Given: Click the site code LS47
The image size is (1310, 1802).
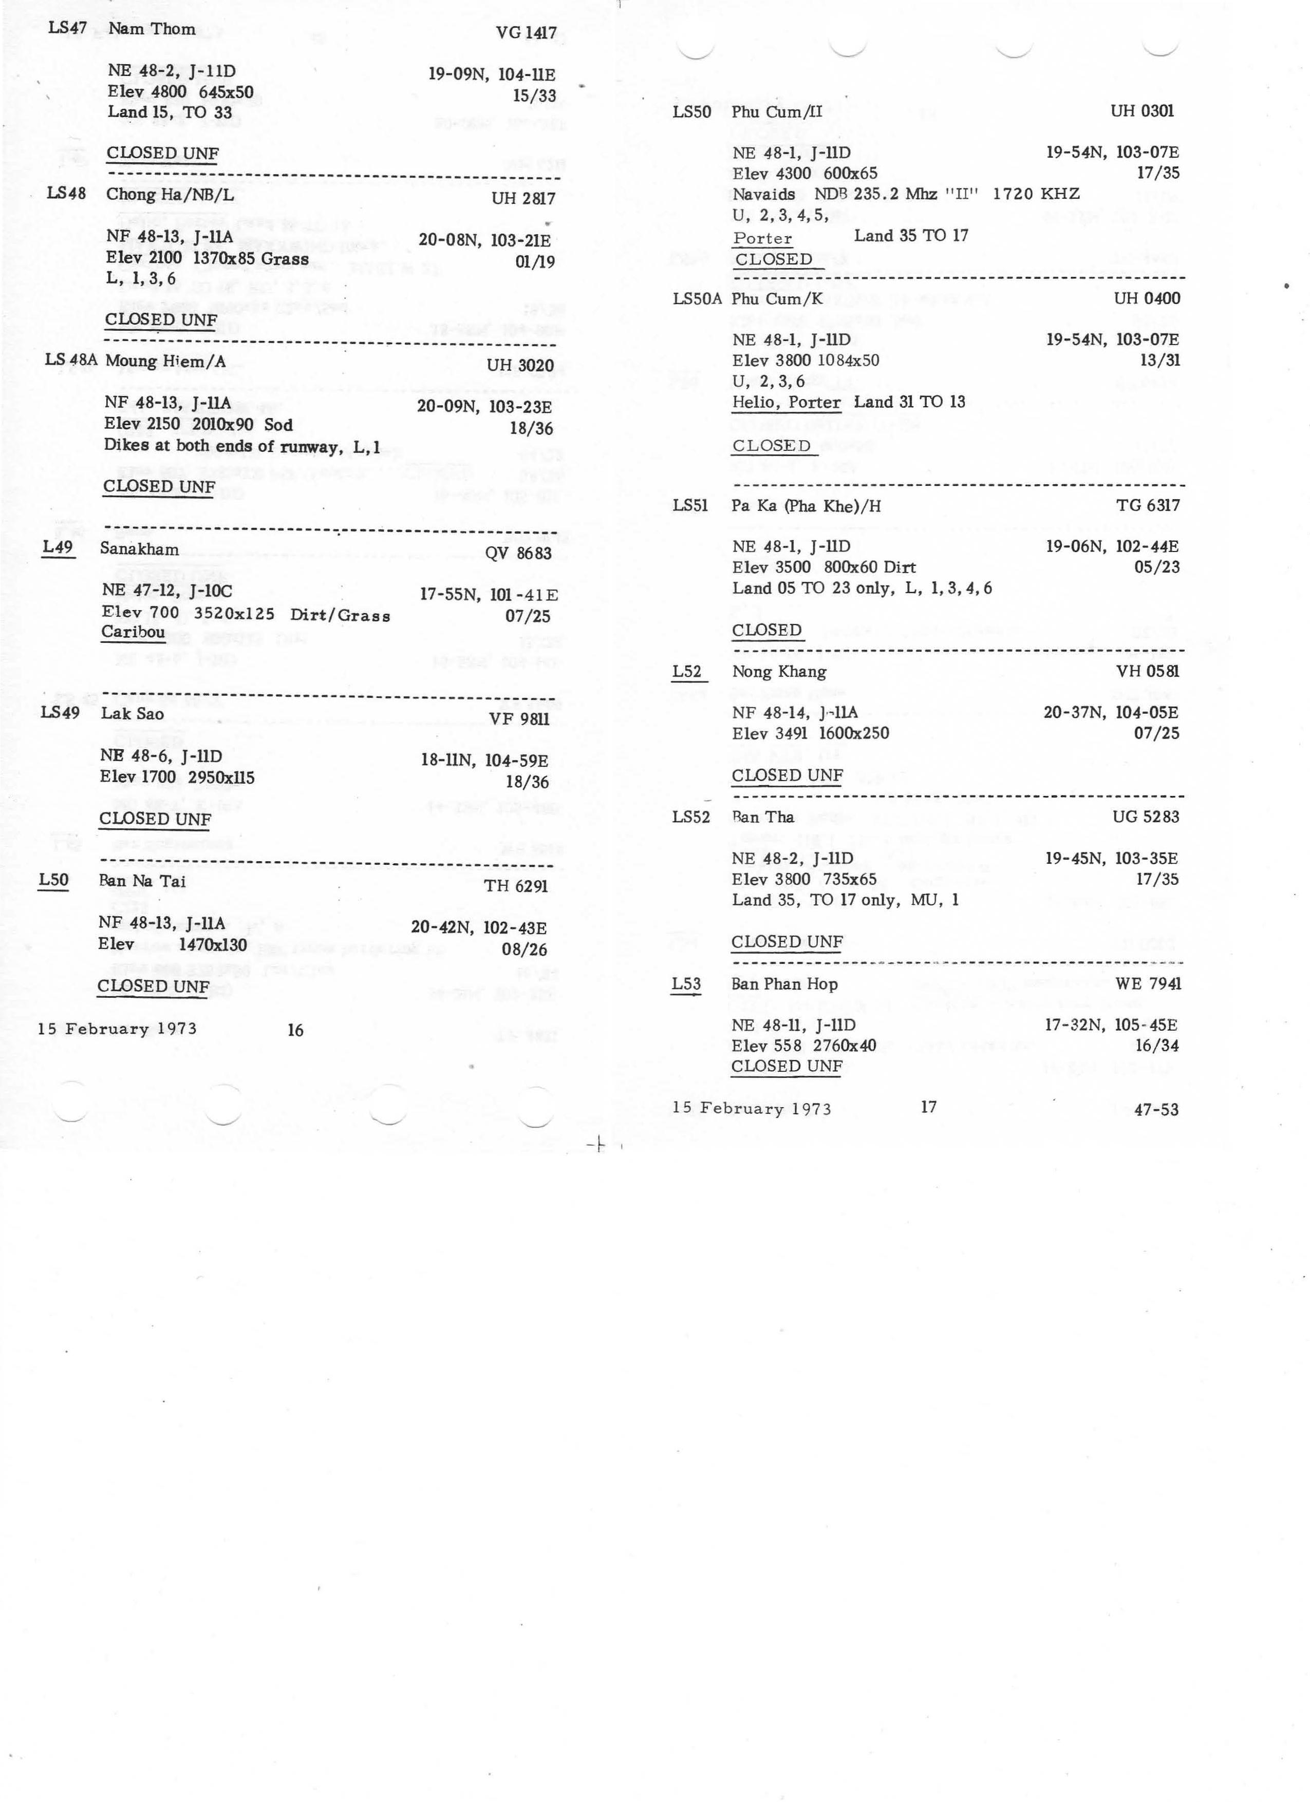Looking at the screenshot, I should pyautogui.click(x=68, y=29).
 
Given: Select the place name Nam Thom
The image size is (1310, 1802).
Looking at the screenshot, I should pyautogui.click(x=152, y=29).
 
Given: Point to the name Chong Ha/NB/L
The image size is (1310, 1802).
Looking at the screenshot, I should pyautogui.click(x=170, y=195).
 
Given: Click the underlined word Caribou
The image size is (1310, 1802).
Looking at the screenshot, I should pyautogui.click(x=133, y=633).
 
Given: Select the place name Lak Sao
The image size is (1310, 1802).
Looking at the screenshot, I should pyautogui.click(x=132, y=713).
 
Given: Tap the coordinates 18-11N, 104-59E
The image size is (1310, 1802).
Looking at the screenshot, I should pyautogui.click(x=484, y=761).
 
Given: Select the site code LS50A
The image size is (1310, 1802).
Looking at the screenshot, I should pyautogui.click(x=696, y=299).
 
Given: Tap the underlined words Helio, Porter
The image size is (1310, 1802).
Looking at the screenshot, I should pyautogui.click(x=786, y=403).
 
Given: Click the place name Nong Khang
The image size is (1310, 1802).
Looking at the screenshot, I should pyautogui.click(x=779, y=672).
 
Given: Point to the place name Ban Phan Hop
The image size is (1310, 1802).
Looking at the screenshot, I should pyautogui.click(x=784, y=984).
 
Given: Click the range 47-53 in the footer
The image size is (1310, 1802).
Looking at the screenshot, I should pyautogui.click(x=1156, y=1110).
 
